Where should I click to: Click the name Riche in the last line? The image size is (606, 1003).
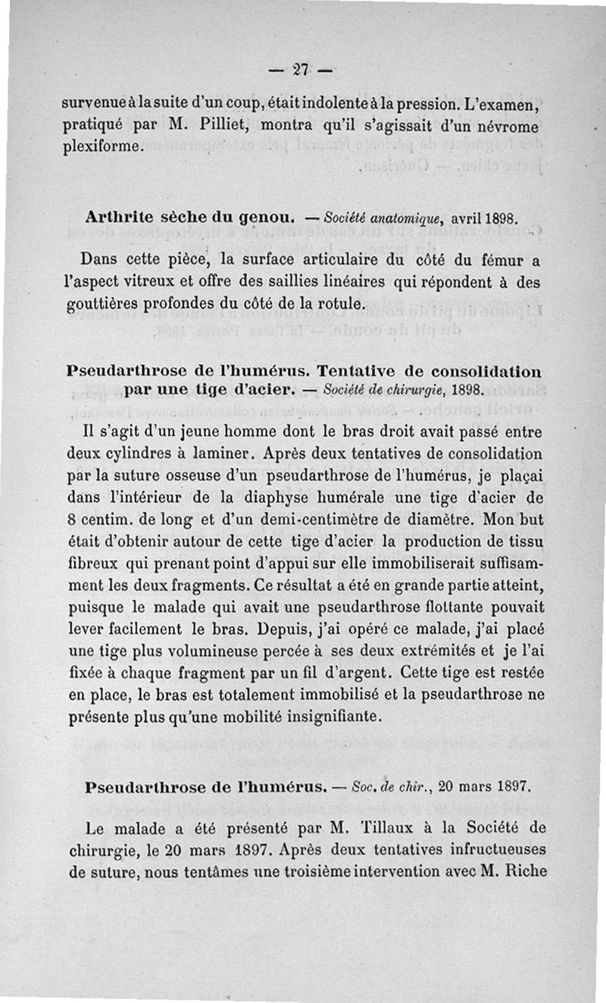(523, 870)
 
